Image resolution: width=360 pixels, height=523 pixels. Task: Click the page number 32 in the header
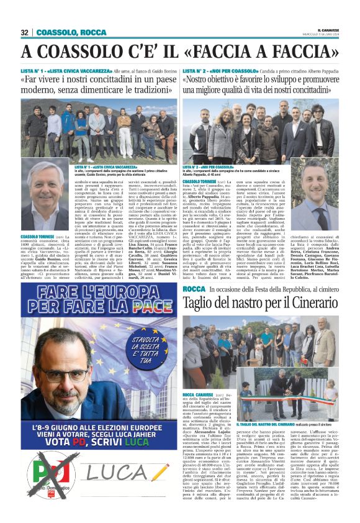[x=24, y=32]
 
